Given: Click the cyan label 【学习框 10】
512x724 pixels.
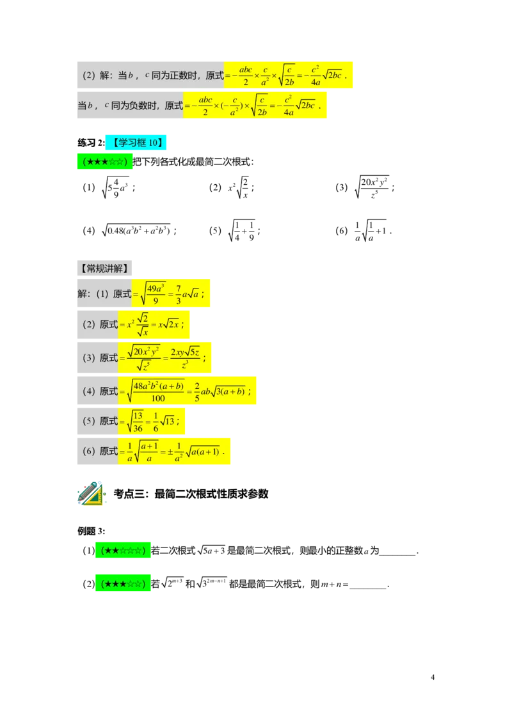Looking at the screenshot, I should click(136, 143).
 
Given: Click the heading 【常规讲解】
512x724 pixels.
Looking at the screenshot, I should click(105, 269).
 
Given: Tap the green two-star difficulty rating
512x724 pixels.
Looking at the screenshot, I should click(122, 551).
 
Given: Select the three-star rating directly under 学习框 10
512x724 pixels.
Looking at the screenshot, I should click(104, 162).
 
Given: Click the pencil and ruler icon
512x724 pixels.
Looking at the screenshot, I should click(90, 493).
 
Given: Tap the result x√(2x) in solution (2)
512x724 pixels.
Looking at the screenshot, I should click(170, 324).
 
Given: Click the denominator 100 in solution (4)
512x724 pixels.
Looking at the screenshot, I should click(157, 398).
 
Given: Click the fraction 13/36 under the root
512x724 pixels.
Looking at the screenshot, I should click(138, 421).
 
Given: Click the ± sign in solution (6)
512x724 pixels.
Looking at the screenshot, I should click(170, 452).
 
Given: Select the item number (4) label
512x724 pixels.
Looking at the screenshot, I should click(89, 391).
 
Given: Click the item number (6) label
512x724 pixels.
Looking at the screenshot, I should click(89, 452).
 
